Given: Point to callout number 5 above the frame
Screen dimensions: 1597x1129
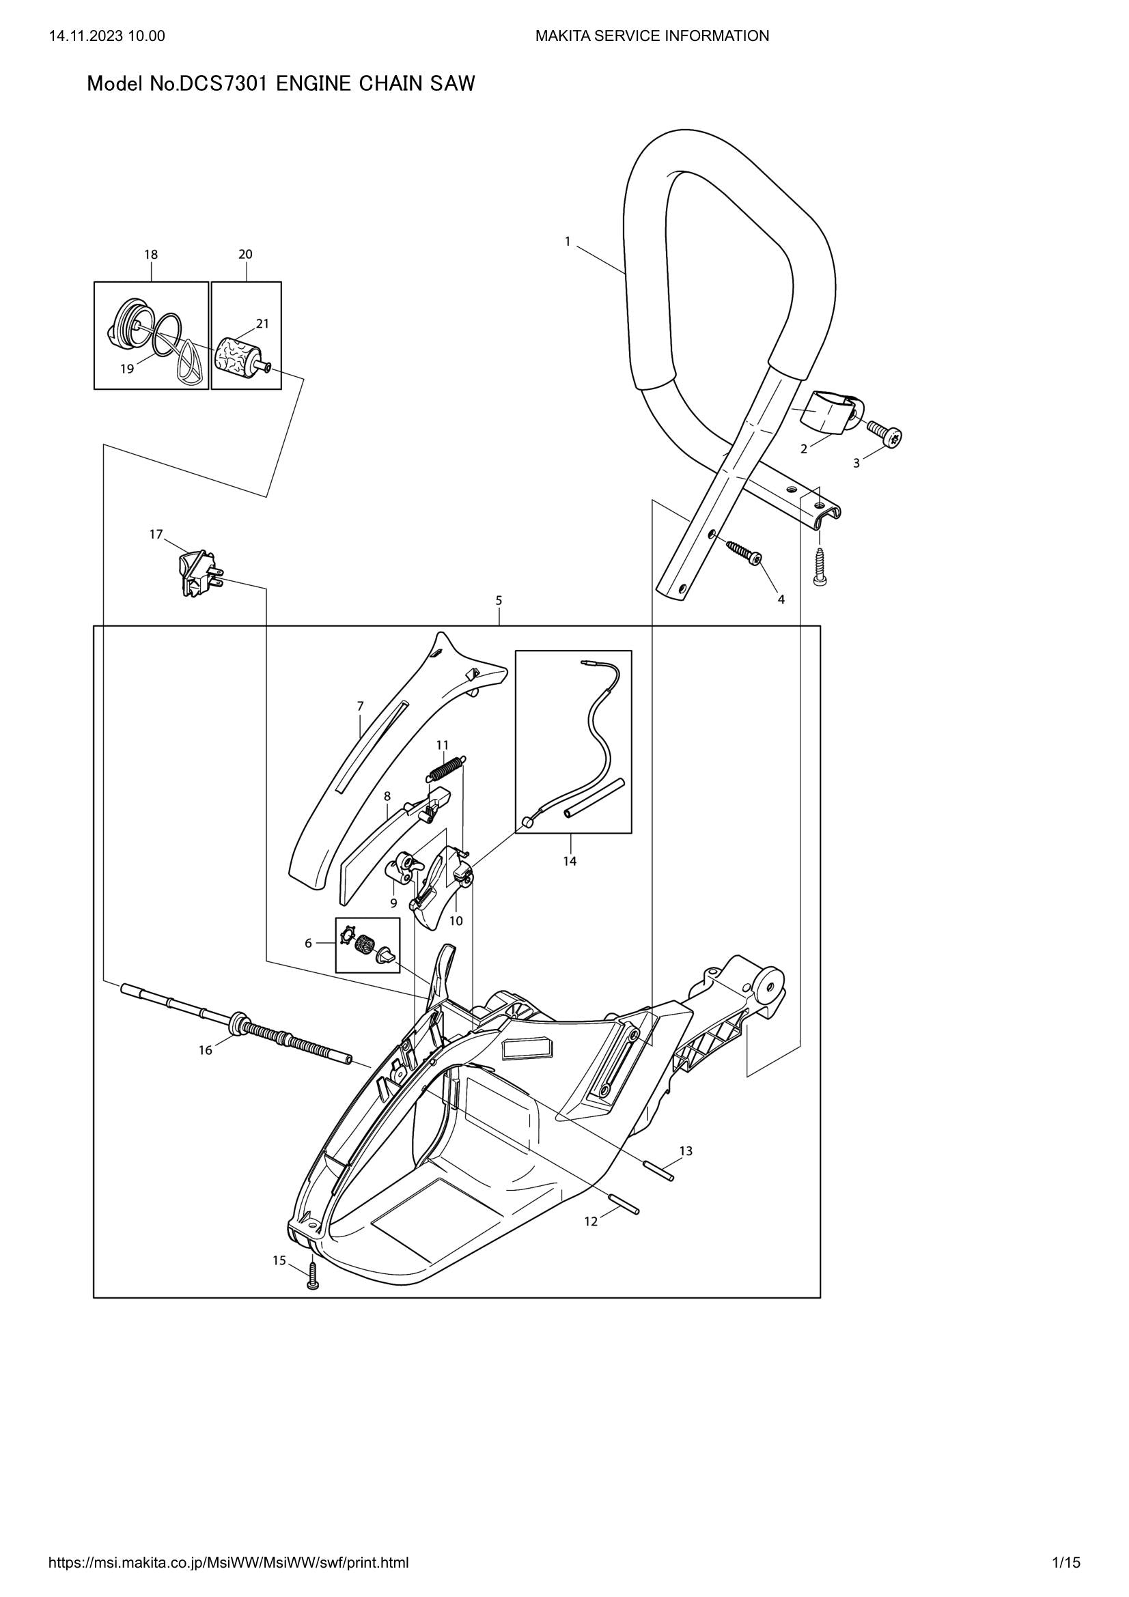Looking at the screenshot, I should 499,599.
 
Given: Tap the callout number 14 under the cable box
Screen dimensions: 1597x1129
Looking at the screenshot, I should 570,861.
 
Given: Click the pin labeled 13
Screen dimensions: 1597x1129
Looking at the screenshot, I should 660,1174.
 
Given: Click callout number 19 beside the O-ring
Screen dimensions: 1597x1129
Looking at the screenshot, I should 126,369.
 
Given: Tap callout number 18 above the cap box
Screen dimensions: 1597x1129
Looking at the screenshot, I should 151,255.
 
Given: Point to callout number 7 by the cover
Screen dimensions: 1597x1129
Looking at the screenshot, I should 361,706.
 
